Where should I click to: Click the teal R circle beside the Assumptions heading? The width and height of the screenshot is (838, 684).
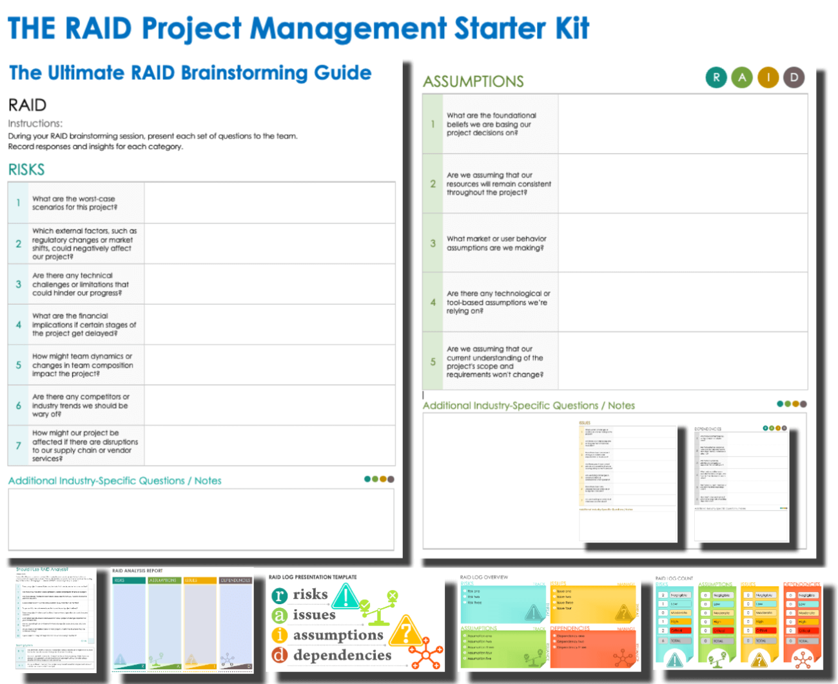point(716,78)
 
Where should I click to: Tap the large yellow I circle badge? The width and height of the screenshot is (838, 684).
point(768,78)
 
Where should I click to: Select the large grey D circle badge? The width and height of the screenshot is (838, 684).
point(794,78)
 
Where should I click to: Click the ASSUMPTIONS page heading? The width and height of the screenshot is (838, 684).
point(473,82)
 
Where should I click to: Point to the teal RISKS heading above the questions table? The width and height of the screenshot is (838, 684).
point(26,170)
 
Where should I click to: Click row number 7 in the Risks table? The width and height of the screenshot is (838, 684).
point(18,446)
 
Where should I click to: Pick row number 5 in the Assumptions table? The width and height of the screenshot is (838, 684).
point(433,362)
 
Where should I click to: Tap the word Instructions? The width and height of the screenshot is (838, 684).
point(35,124)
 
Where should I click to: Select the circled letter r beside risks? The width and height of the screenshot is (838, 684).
point(279,596)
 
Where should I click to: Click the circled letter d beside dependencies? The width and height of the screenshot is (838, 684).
point(279,656)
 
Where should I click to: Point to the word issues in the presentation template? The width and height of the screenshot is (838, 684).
point(314,615)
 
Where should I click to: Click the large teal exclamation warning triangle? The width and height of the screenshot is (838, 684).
point(346,597)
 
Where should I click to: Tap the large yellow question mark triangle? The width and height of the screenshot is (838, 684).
point(405,631)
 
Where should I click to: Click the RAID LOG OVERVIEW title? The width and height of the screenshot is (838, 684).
point(483,577)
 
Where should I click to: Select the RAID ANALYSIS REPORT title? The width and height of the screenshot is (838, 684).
point(137,571)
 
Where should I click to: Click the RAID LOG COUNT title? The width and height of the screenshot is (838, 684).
point(674,578)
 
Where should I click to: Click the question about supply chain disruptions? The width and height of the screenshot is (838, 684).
point(85,446)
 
